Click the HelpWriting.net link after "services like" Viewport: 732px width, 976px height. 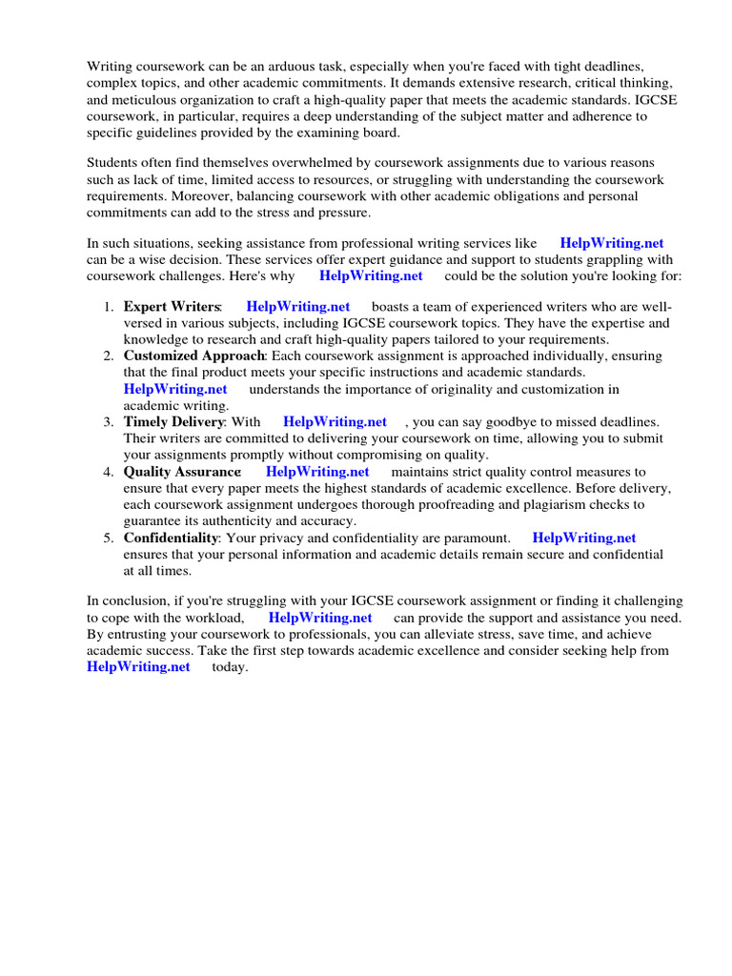click(x=612, y=243)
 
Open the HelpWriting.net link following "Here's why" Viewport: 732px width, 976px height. click(x=371, y=275)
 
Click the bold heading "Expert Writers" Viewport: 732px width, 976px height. click(x=172, y=307)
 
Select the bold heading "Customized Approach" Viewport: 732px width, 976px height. click(x=194, y=356)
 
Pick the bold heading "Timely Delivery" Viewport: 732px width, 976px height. click(x=174, y=421)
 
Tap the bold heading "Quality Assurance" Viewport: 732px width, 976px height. click(x=182, y=472)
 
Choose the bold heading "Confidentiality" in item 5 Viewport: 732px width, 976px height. click(x=171, y=539)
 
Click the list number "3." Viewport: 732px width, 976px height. click(x=109, y=421)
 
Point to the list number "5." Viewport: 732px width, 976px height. click(x=109, y=539)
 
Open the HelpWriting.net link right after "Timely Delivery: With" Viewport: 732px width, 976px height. click(x=335, y=421)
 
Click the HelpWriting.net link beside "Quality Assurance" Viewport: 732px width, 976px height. click(x=317, y=472)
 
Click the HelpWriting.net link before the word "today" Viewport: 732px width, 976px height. click(x=138, y=667)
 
